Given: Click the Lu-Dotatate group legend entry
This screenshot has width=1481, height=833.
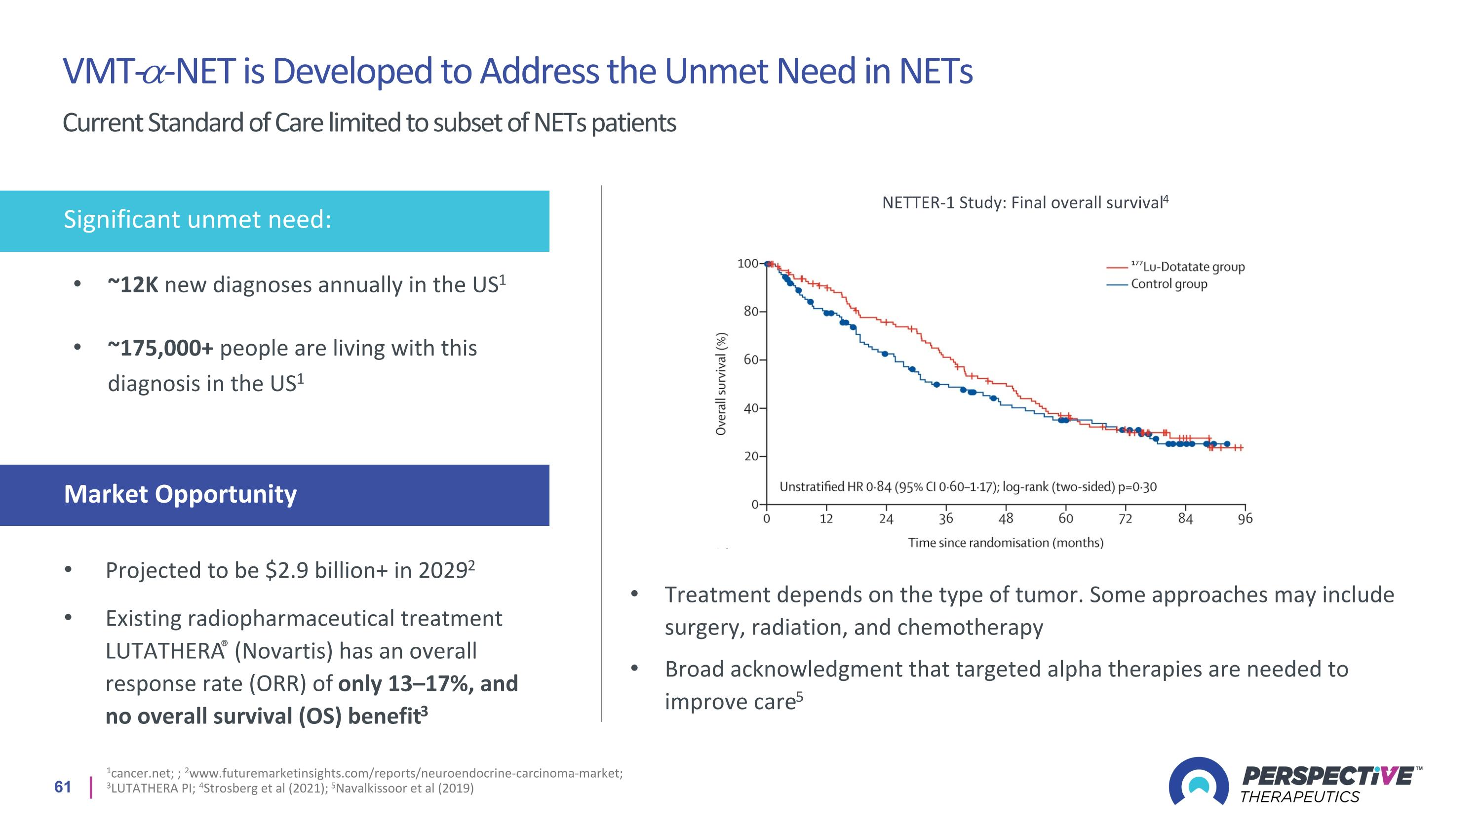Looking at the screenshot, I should click(x=1187, y=267).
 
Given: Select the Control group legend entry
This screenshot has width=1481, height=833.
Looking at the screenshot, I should click(x=1169, y=284).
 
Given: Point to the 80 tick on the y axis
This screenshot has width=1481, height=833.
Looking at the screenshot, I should click(x=751, y=312).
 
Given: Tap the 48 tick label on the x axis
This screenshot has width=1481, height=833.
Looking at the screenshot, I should click(x=1006, y=518).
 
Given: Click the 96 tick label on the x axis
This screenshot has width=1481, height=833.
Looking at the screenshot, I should click(x=1245, y=518).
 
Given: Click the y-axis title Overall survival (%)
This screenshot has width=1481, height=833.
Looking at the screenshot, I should click(x=721, y=384).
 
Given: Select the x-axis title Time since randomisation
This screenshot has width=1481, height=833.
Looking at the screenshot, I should click(x=1006, y=543).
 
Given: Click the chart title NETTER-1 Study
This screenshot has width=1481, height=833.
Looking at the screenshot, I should click(x=1025, y=203).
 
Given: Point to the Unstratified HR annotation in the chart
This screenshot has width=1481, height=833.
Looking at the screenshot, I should click(x=968, y=487).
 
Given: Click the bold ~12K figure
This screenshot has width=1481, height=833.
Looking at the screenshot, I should click(x=133, y=285).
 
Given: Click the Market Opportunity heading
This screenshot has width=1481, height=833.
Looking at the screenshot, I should click(x=180, y=494).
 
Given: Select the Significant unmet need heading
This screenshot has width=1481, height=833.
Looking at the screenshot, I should click(x=197, y=220).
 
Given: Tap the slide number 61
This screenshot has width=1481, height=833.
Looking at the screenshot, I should click(x=63, y=787).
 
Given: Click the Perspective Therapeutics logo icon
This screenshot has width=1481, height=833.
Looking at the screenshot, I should click(x=1198, y=781).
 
